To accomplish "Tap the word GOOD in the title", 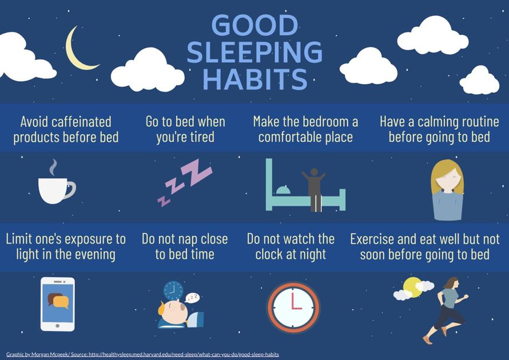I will click(x=254, y=26).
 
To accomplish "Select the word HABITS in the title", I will click(x=254, y=79).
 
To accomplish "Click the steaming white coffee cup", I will click(x=55, y=189).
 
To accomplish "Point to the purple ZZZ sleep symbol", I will click(x=184, y=182).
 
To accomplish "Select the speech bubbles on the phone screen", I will click(x=58, y=301).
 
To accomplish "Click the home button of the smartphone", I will click(x=57, y=326).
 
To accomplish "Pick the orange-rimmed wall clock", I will click(x=293, y=307).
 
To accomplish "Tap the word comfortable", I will click(x=291, y=137).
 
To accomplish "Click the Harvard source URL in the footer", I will click(x=184, y=354).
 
